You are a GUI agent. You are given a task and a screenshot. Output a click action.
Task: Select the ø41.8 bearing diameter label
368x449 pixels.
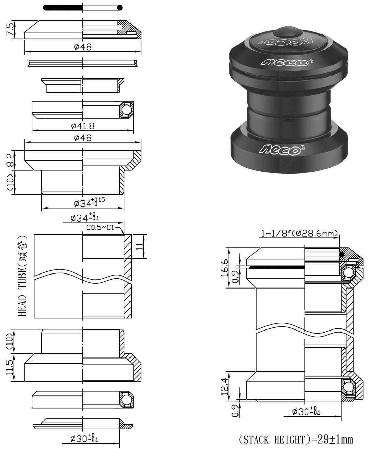tap(83, 126)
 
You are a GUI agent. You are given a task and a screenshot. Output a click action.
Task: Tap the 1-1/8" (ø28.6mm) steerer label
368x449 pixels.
tap(299, 234)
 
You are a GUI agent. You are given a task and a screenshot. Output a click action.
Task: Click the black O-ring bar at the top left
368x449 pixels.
tap(63, 7)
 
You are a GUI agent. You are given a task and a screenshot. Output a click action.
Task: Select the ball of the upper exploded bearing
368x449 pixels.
tap(126, 109)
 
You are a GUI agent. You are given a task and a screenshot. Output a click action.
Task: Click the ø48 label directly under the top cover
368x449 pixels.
tap(83, 47)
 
